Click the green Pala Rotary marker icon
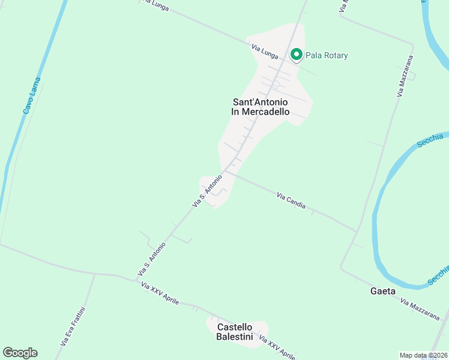296,55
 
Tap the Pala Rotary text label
327,56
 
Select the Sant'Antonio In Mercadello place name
261,107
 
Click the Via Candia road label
291,200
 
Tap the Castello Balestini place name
235,331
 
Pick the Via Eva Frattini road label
74,326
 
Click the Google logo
20,353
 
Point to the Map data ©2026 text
423,355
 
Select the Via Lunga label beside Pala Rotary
265,52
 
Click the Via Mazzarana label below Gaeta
420,309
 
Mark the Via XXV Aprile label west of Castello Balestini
160,294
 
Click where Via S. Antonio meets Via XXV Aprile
137,280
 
